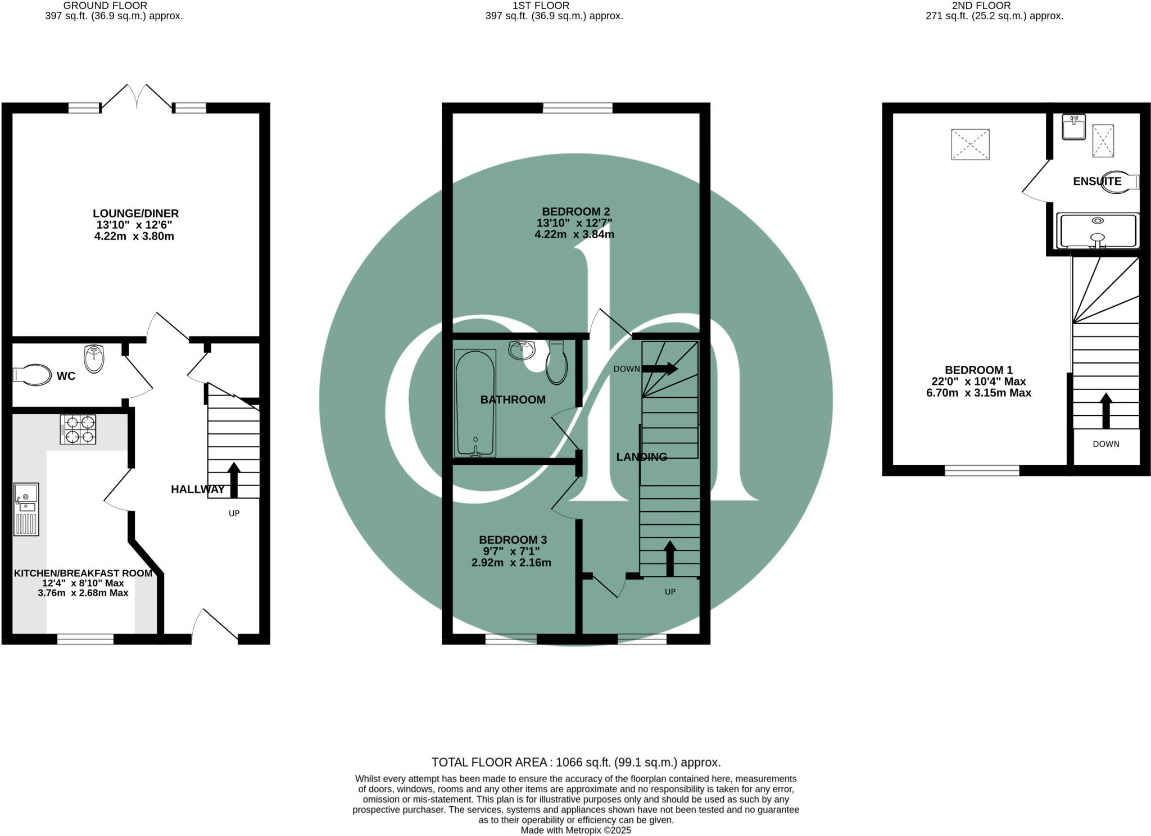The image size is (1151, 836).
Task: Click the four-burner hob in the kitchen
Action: (x=78, y=429)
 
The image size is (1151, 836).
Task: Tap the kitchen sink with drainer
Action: (x=26, y=509)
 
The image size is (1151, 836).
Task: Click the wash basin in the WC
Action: (x=94, y=358)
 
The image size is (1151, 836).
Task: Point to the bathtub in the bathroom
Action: (x=475, y=402)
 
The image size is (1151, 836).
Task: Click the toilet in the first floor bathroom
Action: (x=556, y=364)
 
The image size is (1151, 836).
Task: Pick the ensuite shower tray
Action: (x=1098, y=231)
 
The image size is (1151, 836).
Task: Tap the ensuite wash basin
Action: (x=1074, y=127)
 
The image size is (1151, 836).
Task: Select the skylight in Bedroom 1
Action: (x=970, y=144)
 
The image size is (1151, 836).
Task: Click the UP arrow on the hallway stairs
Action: (x=234, y=480)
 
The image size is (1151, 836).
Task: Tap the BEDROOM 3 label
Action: (x=513, y=540)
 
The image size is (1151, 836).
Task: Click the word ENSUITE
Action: (x=1097, y=181)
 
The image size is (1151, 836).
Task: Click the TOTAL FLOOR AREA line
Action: (x=575, y=762)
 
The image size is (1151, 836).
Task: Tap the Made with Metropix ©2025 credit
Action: (x=575, y=830)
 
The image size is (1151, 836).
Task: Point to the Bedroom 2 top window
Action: (x=577, y=108)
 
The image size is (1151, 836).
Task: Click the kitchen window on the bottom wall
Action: (x=85, y=639)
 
